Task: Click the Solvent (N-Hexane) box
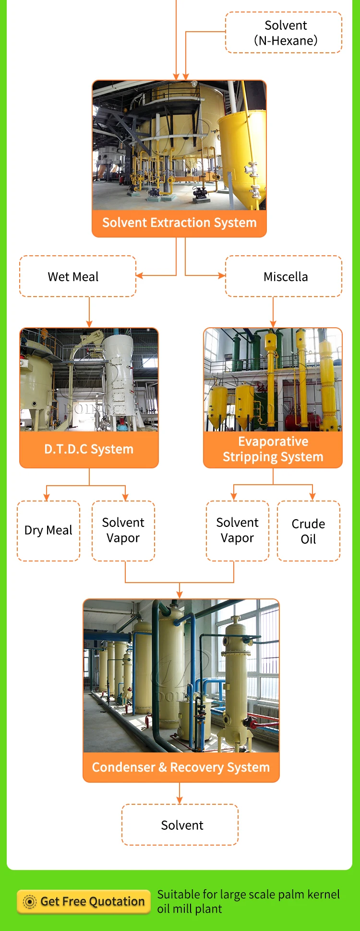pos(284,33)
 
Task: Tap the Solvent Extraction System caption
pos(179,223)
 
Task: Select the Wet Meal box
pos(78,276)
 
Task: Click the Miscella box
pos(284,276)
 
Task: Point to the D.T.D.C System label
pos(89,449)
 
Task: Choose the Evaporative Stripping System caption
pos(273,449)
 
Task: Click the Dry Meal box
pos(48,530)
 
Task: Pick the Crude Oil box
pos(309,531)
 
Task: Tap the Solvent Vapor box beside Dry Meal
pos(123,530)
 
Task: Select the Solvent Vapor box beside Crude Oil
pos(238,530)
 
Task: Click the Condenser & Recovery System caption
pos(181,767)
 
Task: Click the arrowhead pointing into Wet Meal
pos(140,275)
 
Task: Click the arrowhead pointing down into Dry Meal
pos(47,497)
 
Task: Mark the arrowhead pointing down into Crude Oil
pos(312,497)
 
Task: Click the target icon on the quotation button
pos(30,902)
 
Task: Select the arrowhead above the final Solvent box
pos(180,800)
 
